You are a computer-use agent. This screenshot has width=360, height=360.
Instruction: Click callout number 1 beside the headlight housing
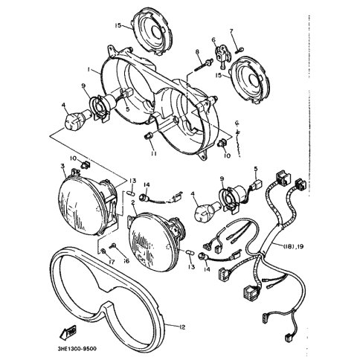tap(89, 71)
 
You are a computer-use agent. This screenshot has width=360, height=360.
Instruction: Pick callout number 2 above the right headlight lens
tap(133, 202)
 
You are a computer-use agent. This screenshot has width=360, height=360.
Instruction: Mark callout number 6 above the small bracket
tap(213, 39)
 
